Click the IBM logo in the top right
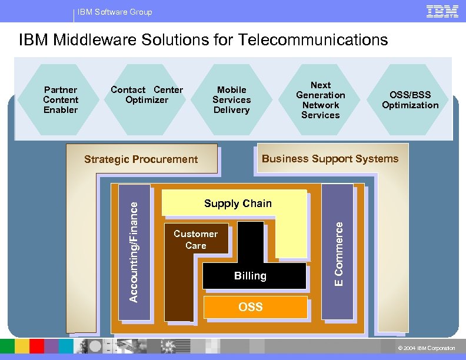[x=442, y=11]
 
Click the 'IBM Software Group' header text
[x=115, y=12]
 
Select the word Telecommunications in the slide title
[x=313, y=40]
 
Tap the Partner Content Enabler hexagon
[x=61, y=99]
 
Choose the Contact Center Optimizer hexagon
[x=147, y=95]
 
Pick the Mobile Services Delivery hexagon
[x=231, y=99]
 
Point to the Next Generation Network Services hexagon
[x=320, y=100]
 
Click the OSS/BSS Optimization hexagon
[x=410, y=100]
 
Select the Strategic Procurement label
[x=141, y=159]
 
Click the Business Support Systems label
[x=330, y=158]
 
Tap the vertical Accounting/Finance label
[x=134, y=252]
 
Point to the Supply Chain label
[x=238, y=204]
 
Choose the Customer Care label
[x=195, y=239]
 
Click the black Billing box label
[x=250, y=276]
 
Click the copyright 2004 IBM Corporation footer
[x=427, y=348]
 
